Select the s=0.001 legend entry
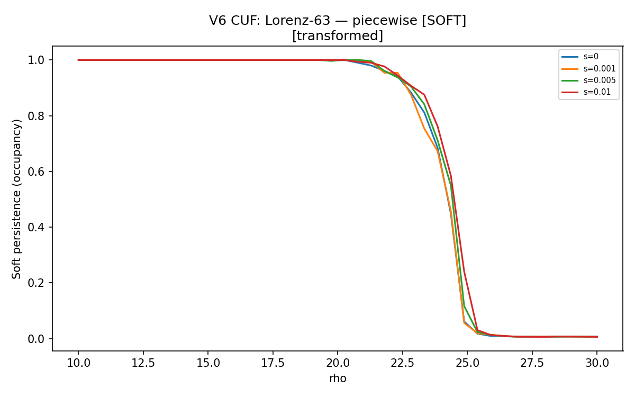click(x=588, y=69)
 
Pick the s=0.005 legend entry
click(x=588, y=80)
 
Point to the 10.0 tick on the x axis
click(x=78, y=363)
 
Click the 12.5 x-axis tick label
click(x=143, y=363)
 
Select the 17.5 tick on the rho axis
click(x=273, y=363)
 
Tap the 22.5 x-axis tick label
click(x=402, y=363)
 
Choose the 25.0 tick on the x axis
click(x=467, y=363)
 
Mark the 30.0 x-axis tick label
click(x=597, y=363)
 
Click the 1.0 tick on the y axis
click(x=36, y=60)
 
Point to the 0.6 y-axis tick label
click(x=36, y=172)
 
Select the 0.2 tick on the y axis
click(x=36, y=283)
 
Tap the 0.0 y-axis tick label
click(x=36, y=339)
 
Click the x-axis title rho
click(x=338, y=378)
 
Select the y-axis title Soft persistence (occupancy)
click(x=16, y=199)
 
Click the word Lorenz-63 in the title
click(x=297, y=21)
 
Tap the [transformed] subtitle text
click(x=338, y=36)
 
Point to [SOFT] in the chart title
click(x=444, y=21)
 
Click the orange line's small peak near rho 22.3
click(x=397, y=73)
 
